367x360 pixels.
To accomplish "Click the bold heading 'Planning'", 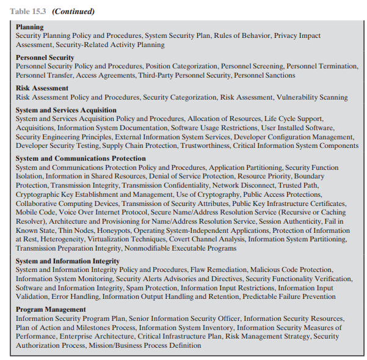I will click(29, 27).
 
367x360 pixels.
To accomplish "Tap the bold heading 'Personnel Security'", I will click(45, 57).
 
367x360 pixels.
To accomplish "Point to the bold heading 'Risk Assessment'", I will click(42, 88).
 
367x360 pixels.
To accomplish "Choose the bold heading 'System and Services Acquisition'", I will click(66, 110).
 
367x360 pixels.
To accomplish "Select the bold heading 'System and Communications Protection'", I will click(81, 158).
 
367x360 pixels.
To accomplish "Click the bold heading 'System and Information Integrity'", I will click(67, 261).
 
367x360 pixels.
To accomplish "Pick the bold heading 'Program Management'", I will click(51, 309).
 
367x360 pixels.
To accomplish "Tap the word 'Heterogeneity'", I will click(51, 240).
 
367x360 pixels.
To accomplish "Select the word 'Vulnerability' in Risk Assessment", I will click(296, 97).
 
